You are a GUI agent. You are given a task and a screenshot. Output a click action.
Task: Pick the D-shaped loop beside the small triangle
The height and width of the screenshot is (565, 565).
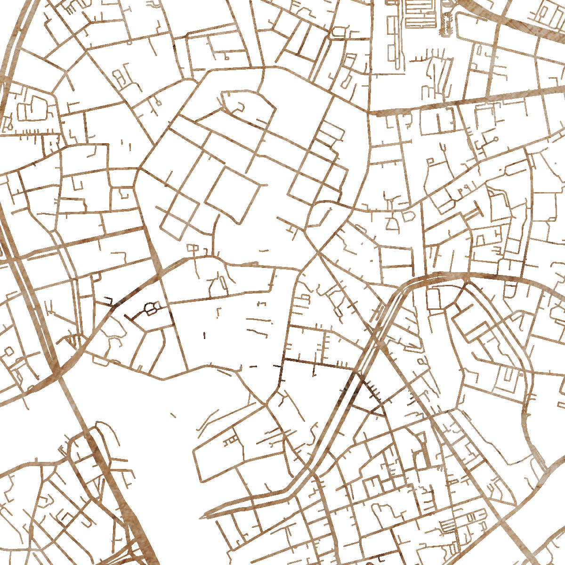[408, 217]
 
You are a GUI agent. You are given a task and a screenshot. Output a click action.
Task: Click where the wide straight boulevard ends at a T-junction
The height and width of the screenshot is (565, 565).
[372, 113]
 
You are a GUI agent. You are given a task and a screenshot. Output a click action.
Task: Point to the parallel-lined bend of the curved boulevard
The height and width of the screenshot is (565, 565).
[405, 290]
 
